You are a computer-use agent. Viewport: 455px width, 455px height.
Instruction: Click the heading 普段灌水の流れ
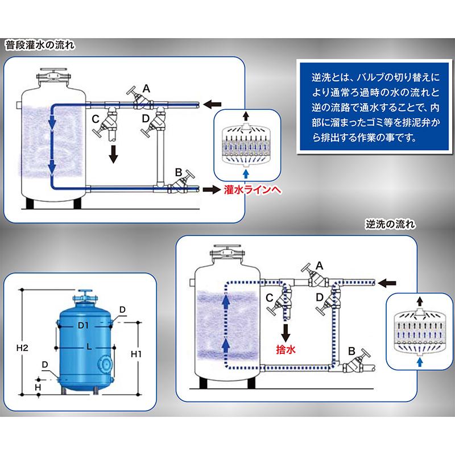[40, 44]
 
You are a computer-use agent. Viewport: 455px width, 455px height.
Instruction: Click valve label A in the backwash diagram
[319, 265]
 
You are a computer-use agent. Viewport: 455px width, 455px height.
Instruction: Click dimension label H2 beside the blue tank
[23, 346]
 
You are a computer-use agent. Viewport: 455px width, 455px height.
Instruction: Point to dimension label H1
[137, 354]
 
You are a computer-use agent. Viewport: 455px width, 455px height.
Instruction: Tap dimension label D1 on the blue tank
[85, 325]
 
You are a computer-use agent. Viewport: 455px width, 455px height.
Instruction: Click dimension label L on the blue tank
[89, 346]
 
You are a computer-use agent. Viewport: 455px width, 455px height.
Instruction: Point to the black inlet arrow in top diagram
[213, 104]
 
